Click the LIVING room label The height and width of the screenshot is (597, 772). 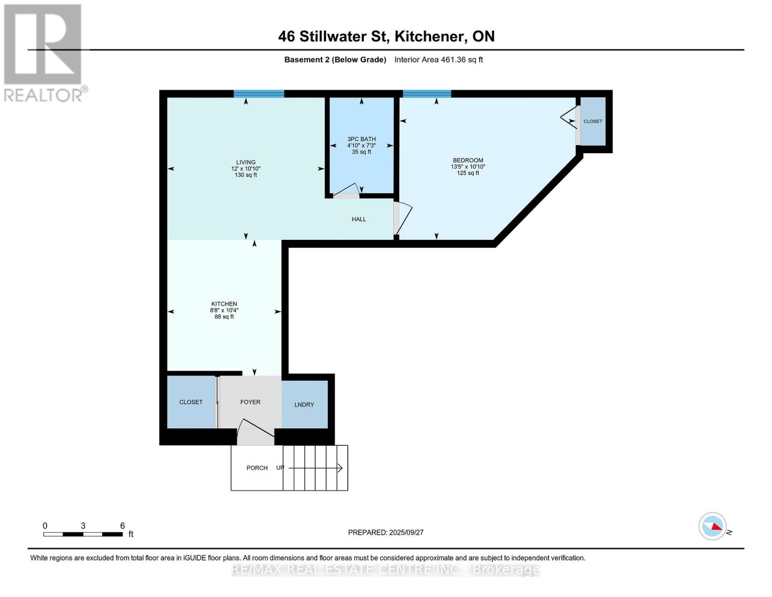(246, 162)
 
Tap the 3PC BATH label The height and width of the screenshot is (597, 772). (361, 139)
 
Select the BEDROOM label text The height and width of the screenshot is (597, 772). (468, 160)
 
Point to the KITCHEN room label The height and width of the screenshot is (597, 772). (224, 304)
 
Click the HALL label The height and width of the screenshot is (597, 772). (359, 219)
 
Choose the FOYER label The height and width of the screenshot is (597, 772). (250, 402)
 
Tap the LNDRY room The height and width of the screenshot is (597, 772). (304, 404)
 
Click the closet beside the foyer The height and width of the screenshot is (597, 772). (191, 402)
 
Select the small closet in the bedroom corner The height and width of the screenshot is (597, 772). (593, 121)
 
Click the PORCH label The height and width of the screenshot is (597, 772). (257, 468)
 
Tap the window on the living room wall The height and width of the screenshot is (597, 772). (259, 94)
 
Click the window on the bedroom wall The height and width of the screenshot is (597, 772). (427, 94)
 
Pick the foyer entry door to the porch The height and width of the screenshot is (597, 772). (255, 433)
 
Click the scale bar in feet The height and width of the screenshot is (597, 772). (83, 534)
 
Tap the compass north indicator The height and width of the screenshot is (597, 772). (713, 526)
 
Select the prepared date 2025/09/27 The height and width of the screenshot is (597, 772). (386, 532)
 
